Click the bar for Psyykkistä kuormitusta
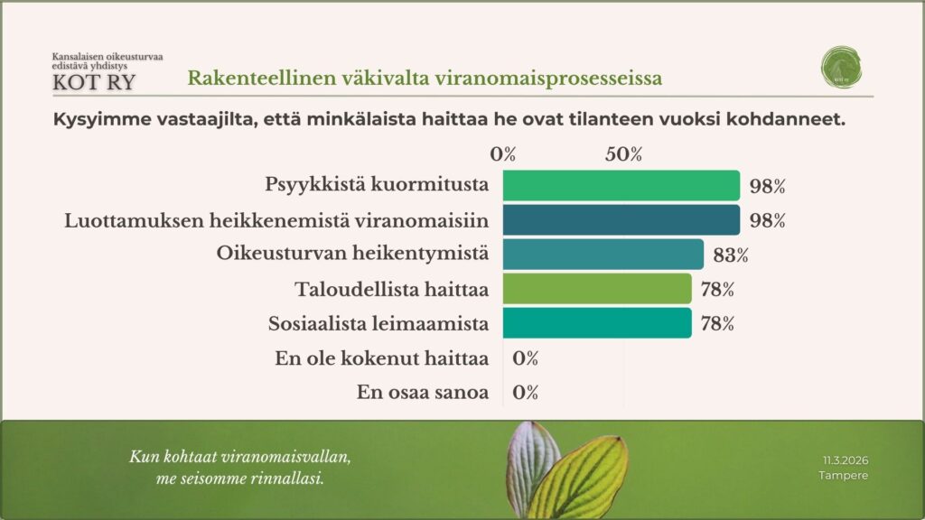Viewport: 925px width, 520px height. point(621,185)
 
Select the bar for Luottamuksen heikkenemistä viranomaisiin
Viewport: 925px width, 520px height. point(621,219)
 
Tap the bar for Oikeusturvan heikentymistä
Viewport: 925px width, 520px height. point(603,254)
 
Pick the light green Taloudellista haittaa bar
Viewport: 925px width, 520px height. point(597,289)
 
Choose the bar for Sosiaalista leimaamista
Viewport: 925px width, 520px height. point(597,323)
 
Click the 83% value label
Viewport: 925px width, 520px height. point(731,255)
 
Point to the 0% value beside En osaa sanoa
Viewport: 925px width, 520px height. point(525,393)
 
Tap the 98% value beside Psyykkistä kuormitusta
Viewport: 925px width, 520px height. point(767,187)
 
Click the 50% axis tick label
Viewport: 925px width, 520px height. point(623,154)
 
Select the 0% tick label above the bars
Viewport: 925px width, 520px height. point(503,154)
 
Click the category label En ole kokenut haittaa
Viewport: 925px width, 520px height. point(381,358)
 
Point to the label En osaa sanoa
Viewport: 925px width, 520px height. point(423,393)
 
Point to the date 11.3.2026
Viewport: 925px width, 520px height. point(845,460)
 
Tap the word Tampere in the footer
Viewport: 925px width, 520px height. point(843,475)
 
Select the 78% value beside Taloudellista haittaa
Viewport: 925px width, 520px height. point(716,290)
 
